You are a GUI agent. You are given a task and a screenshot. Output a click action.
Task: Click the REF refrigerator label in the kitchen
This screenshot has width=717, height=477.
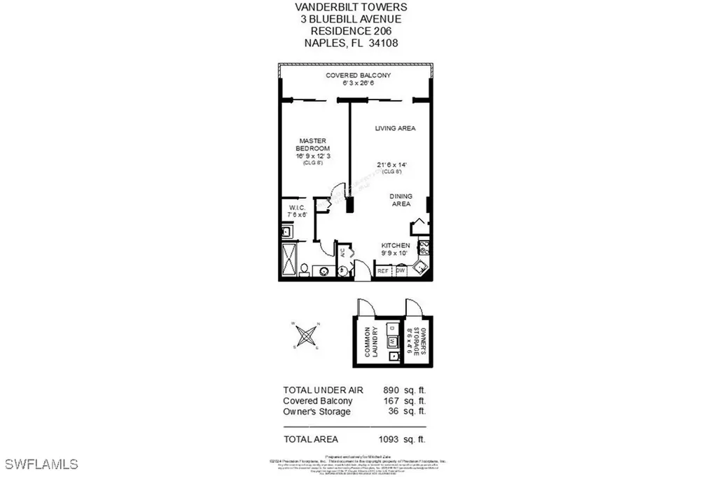383,271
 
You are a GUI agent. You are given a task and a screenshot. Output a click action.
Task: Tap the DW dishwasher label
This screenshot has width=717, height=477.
401,271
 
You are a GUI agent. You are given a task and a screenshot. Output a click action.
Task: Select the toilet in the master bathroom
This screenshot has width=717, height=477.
305,269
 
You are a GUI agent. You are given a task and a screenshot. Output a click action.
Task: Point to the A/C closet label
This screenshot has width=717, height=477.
342,253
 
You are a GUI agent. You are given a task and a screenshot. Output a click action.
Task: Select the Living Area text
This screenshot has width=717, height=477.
395,128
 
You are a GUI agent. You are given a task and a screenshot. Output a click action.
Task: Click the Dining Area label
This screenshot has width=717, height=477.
401,200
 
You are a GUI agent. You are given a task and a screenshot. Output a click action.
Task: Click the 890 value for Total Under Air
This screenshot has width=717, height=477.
391,389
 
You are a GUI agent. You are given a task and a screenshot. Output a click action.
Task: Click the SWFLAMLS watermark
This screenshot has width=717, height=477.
41,464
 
